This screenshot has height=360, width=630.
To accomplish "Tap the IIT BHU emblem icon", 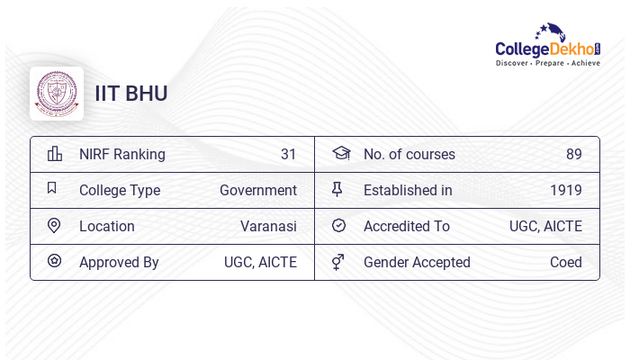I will pos(57,94).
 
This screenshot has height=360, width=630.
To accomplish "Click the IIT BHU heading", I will pos(131,94).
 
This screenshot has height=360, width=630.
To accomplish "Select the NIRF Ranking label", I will pos(122,154).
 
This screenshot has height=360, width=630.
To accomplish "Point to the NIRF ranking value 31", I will pos(288,154).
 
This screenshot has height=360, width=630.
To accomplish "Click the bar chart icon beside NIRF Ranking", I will pos(54,154).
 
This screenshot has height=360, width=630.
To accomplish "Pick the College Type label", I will pos(120,190).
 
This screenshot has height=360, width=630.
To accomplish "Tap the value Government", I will pos(258,190).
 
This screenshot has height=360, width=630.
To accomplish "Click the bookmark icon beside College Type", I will pos(52,189).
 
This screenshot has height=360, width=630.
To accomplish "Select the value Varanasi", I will pos(268,226).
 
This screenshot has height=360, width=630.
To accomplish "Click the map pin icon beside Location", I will pos(54,226).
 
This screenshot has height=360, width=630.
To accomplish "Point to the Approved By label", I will pos(119,262).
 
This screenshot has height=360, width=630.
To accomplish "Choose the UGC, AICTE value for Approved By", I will pos(260,262).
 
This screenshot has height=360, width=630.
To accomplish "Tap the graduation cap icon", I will pos(340,153).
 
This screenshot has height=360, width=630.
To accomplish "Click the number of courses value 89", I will pos(574,154).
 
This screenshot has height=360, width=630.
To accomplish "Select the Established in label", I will pos(408,190).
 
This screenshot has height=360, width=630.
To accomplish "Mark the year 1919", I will pos(566,190).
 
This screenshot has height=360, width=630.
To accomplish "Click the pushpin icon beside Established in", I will pos(337,189).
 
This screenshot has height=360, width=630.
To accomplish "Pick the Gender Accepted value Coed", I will pos(566,262).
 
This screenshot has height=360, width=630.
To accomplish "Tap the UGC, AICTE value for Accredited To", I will pos(545,226).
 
